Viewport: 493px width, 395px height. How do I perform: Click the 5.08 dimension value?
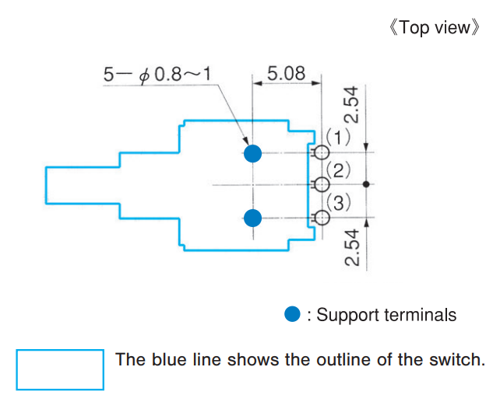[286, 74]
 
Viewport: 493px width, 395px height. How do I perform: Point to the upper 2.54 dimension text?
[352, 106]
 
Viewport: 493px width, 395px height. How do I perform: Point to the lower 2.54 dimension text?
[352, 247]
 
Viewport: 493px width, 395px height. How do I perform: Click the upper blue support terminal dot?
[252, 153]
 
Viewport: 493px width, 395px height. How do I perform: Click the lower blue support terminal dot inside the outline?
[252, 218]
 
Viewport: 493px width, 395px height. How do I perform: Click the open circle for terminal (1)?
[321, 152]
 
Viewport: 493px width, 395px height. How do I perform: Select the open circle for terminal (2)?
[321, 184]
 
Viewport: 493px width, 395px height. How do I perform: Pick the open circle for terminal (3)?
[321, 217]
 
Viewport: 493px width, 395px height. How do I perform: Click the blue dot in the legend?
[293, 314]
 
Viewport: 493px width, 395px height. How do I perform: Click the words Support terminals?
[386, 315]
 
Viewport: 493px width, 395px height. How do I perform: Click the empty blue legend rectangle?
[60, 369]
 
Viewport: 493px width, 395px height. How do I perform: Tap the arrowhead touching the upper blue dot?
[242, 139]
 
